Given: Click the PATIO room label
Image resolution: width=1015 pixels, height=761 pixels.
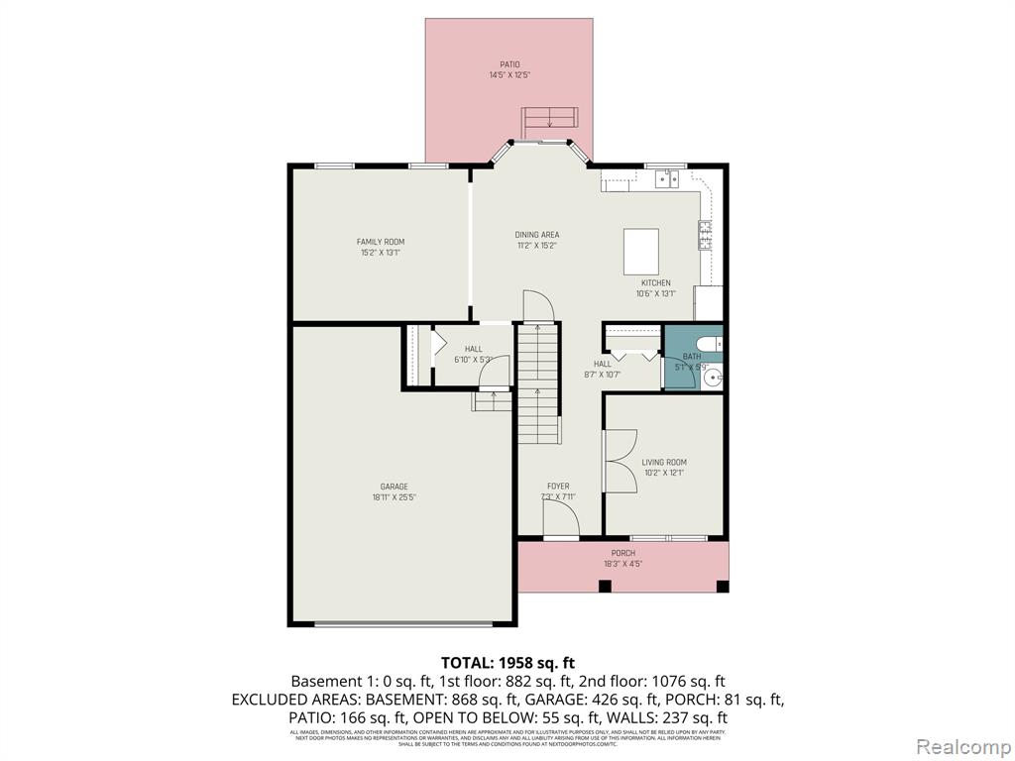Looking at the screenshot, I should coord(509,65).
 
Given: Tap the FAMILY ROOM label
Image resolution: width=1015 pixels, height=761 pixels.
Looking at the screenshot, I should coord(381,242).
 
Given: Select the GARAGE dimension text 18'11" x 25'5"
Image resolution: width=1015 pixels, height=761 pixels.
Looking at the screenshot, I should coord(394,498).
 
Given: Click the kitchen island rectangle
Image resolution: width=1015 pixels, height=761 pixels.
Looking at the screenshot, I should coord(641,252).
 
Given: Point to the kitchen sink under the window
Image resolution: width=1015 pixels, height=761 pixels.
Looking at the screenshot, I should coord(667,179).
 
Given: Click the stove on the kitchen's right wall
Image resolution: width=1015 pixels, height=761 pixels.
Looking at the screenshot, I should coord(706,235).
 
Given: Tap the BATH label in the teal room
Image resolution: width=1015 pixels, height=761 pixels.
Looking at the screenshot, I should coord(691,356).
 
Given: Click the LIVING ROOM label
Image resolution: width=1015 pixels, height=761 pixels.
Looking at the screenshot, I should coord(663,462).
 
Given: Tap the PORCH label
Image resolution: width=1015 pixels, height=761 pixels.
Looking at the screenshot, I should coord(622,553).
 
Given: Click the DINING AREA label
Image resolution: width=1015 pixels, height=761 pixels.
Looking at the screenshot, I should coord(536,235).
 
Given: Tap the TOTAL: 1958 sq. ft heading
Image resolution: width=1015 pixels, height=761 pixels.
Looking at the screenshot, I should coord(507,662).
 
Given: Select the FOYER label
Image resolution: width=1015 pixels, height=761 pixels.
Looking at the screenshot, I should coord(558,487).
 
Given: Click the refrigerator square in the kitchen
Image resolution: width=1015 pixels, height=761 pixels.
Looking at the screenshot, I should coord(708,303).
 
